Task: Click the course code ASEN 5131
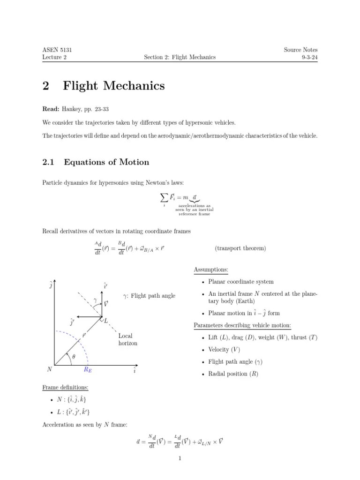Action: pyautogui.click(x=57, y=50)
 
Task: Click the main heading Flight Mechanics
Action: pyautogui.click(x=113, y=86)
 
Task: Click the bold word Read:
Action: pyautogui.click(x=51, y=109)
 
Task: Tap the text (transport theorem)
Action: pyautogui.click(x=240, y=248)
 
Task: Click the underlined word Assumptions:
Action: pyautogui.click(x=211, y=270)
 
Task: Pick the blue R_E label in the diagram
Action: pyautogui.click(x=88, y=369)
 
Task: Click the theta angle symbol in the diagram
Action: pyautogui.click(x=73, y=356)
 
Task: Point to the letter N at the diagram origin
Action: pyautogui.click(x=50, y=369)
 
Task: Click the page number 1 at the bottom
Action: pyautogui.click(x=180, y=458)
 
